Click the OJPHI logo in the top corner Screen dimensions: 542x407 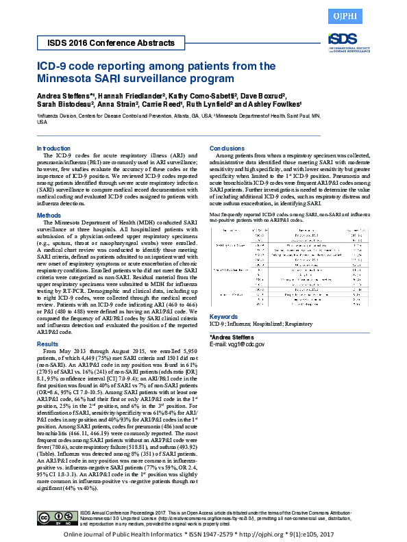coord(382,14)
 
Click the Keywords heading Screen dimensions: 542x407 coord(223,317)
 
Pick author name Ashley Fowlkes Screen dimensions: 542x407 coord(261,105)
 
